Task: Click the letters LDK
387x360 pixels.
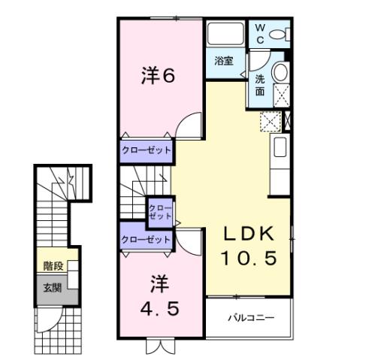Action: point(248,234)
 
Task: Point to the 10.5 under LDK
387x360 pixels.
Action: point(249,258)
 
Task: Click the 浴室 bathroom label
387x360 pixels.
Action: point(223,60)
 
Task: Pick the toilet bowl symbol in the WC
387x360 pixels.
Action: point(277,34)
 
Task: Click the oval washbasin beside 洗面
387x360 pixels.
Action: point(280,72)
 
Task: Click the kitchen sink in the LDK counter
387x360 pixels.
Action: point(280,147)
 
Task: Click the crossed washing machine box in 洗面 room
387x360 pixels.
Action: point(283,93)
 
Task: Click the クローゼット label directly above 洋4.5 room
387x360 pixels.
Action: point(146,239)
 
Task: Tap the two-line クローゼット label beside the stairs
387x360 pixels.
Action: point(159,211)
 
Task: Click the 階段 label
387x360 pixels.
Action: point(53,265)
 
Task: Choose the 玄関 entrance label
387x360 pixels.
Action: point(53,286)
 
